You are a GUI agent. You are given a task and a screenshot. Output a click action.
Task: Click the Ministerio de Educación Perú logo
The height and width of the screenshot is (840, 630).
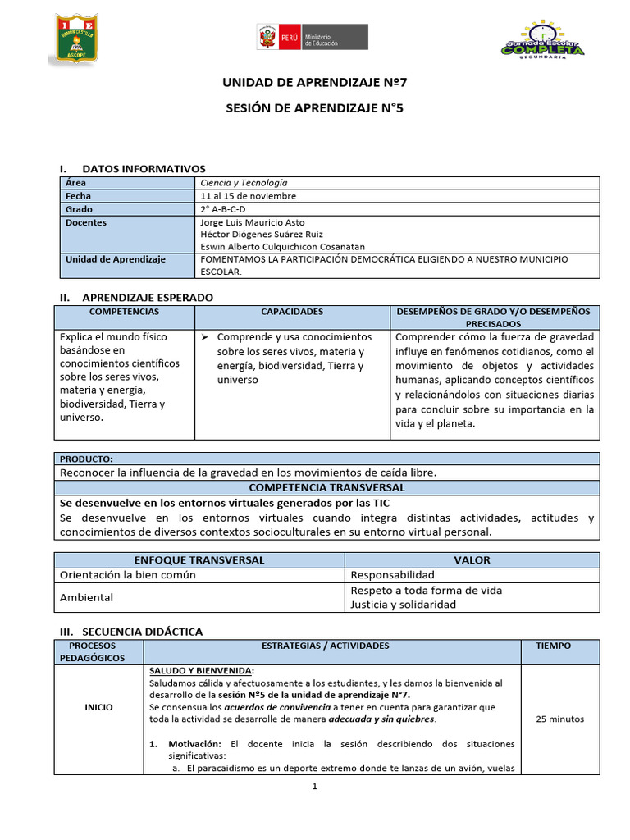pyautogui.click(x=312, y=38)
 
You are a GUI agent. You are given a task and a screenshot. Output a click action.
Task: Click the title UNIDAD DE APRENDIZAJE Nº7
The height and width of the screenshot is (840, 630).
pyautogui.click(x=314, y=83)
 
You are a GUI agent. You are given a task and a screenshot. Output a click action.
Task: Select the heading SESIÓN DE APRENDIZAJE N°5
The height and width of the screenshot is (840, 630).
pyautogui.click(x=314, y=107)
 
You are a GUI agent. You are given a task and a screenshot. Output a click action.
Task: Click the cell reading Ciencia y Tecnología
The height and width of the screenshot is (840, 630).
pyautogui.click(x=244, y=183)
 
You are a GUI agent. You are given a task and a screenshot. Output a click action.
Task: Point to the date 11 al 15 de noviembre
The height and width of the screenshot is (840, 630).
pyautogui.click(x=249, y=196)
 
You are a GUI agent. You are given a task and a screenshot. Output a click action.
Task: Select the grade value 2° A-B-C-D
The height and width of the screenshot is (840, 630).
pyautogui.click(x=223, y=209)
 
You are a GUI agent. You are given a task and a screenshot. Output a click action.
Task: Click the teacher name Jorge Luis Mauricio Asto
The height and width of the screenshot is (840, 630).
pyautogui.click(x=252, y=222)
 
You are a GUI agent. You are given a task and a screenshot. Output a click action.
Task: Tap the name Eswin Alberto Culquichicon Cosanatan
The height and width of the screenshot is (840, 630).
pyautogui.click(x=282, y=246)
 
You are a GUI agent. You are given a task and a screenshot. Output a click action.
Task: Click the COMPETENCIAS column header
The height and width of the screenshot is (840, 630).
pyautogui.click(x=124, y=312)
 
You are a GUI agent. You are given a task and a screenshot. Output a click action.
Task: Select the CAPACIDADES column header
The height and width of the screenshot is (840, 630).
pyautogui.click(x=292, y=312)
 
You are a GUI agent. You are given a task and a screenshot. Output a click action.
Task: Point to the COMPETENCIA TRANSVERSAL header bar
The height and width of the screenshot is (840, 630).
pyautogui.click(x=326, y=486)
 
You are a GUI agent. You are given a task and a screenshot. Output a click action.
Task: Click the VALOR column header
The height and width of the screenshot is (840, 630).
pyautogui.click(x=472, y=559)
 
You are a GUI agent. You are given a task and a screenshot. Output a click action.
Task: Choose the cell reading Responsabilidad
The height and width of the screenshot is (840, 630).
pyautogui.click(x=392, y=575)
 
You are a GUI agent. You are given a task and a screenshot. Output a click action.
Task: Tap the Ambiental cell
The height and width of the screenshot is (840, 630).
pyautogui.click(x=86, y=597)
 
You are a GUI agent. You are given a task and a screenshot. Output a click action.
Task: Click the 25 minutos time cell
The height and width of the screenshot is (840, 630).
pyautogui.click(x=559, y=719)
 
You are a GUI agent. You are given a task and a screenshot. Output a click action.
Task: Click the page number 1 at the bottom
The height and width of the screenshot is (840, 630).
pyautogui.click(x=314, y=787)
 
